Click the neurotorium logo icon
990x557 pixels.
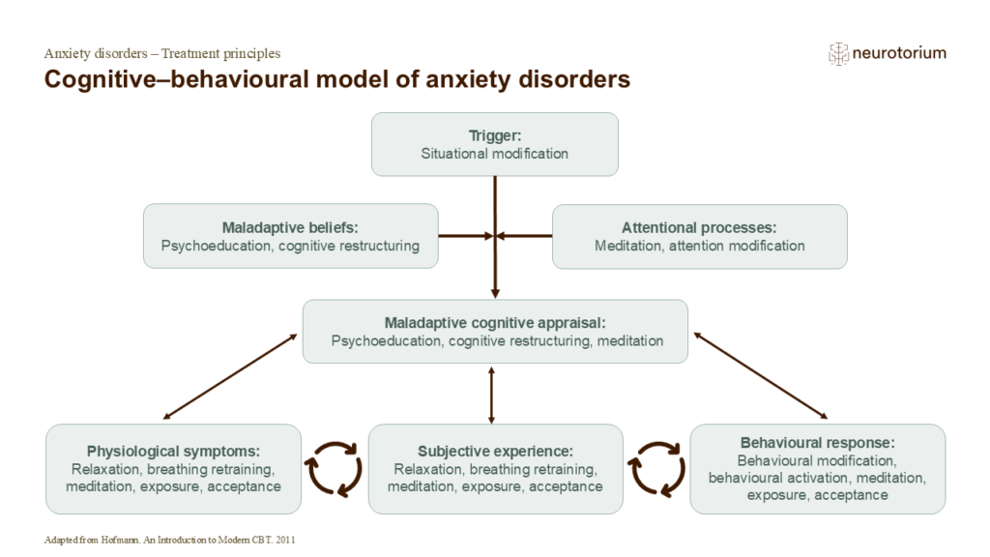click(838, 54)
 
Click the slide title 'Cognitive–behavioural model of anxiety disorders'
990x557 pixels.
click(337, 79)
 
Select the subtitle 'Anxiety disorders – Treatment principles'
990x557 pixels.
click(162, 53)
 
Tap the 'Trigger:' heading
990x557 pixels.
click(494, 135)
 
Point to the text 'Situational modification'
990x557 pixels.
click(494, 154)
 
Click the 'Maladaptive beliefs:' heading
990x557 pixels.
click(290, 228)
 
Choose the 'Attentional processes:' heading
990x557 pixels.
click(699, 228)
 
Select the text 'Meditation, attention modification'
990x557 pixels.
click(699, 246)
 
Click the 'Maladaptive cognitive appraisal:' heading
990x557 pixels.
click(496, 323)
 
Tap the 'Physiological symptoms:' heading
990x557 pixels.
click(174, 451)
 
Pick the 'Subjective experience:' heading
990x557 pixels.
click(496, 451)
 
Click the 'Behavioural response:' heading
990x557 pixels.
click(818, 442)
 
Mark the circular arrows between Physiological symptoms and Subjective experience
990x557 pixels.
click(334, 469)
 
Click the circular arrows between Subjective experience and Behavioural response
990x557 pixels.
click(656, 469)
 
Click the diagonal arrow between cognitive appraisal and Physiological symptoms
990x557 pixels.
click(230, 377)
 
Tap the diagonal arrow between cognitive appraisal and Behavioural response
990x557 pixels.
click(760, 376)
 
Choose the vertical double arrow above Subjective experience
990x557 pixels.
click(492, 395)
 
